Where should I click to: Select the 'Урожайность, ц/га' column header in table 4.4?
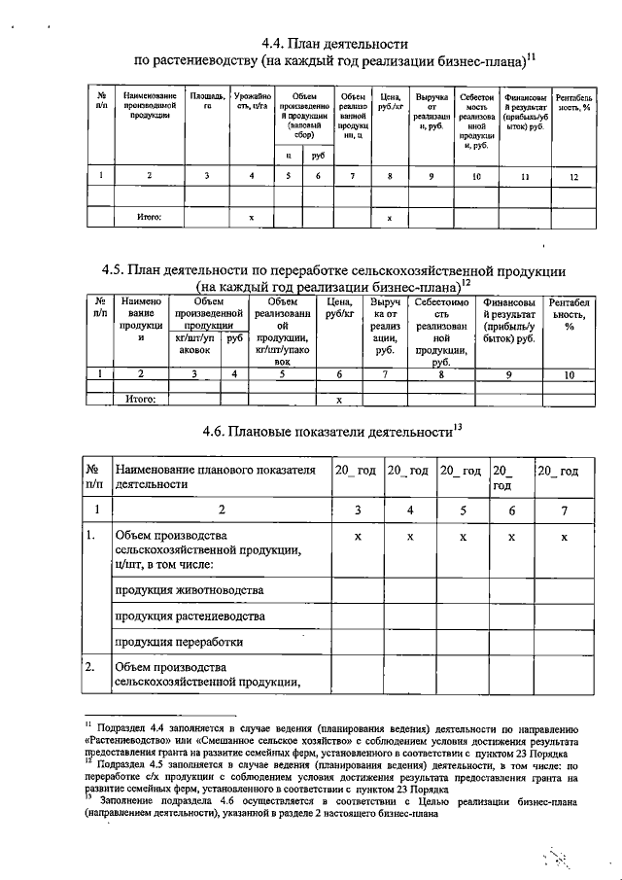[252, 103]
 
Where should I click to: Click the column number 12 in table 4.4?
[573, 176]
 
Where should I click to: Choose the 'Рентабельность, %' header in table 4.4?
[573, 103]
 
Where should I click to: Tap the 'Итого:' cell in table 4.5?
[141, 398]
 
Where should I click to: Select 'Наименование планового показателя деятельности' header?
[216, 475]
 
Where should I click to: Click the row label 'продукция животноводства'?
[189, 589]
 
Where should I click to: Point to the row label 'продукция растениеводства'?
[190, 616]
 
